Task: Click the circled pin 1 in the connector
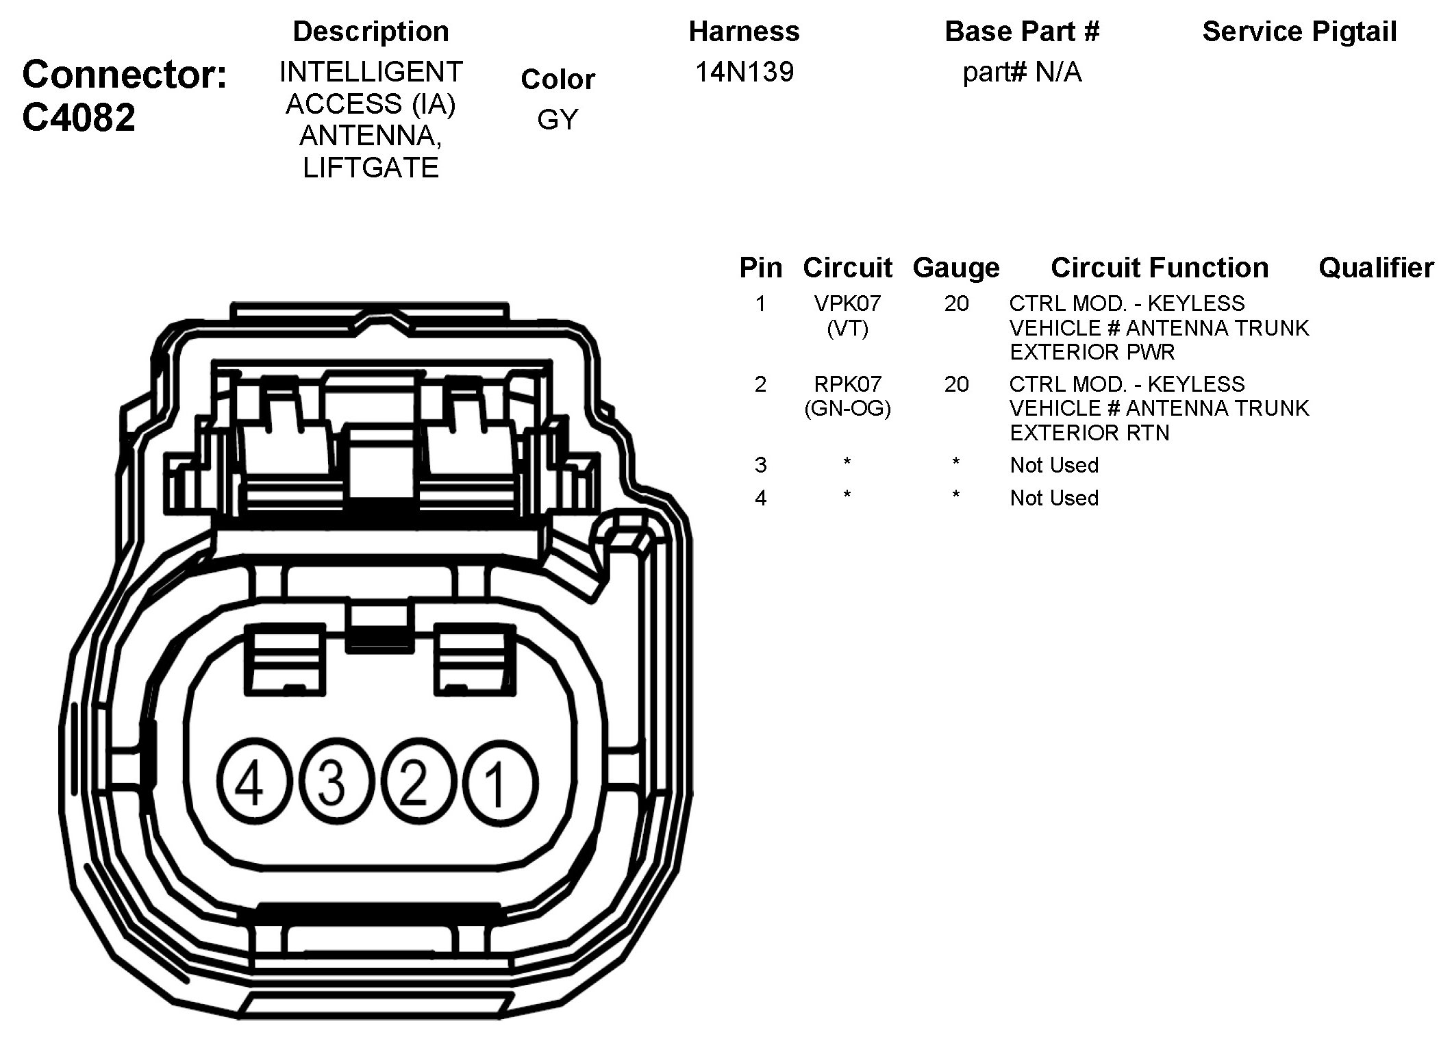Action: tap(499, 782)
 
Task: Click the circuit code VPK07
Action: tap(847, 303)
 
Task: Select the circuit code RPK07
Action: tap(847, 384)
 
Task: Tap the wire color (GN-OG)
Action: tap(847, 409)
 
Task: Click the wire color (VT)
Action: tap(847, 329)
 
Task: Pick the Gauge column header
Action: tap(956, 268)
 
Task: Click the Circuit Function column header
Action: tap(1160, 268)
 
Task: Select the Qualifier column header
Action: tap(1376, 268)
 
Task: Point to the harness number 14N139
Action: tap(744, 72)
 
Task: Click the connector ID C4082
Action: tap(79, 118)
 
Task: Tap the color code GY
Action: tap(558, 120)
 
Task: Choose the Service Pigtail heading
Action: tap(1299, 32)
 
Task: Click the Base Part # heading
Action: tap(1022, 32)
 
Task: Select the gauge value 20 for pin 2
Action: tap(956, 384)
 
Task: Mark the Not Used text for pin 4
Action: tap(1054, 498)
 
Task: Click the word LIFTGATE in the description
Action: tap(371, 168)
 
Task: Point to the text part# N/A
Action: tap(1022, 72)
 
